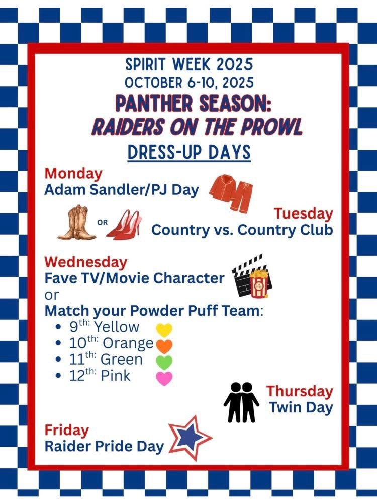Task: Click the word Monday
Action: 73,173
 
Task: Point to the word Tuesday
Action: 303,213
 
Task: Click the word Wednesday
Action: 86,262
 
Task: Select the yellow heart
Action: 164,329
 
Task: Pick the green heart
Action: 164,361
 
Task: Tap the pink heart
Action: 164,377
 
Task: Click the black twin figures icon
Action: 241,401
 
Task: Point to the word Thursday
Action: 300,391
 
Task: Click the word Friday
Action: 67,430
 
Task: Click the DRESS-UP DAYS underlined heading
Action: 189,152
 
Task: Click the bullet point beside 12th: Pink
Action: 59,376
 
